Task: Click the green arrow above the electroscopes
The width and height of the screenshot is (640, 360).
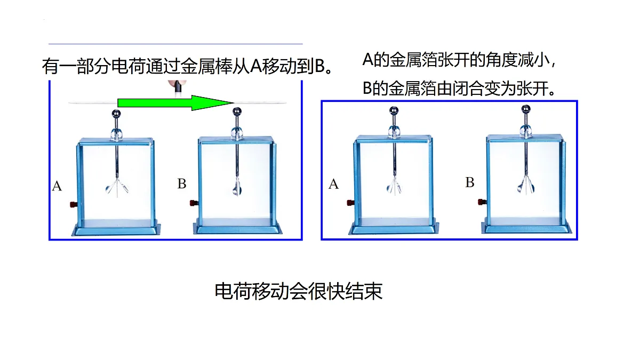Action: point(175,102)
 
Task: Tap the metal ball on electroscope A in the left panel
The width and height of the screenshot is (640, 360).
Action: point(116,114)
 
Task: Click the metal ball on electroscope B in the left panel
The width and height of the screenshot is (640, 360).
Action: point(237,111)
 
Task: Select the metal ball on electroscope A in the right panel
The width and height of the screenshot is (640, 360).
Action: point(394,110)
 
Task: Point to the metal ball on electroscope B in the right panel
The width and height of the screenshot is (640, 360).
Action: point(526,109)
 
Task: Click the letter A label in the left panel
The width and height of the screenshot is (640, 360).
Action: point(57,186)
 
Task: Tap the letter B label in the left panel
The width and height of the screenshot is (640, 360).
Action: point(182,183)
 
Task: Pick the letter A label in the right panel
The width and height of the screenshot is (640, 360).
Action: point(333,185)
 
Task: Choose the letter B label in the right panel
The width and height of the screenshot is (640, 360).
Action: point(470,182)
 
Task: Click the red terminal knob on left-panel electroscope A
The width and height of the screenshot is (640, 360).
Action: point(74,204)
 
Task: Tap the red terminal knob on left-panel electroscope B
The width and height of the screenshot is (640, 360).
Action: point(194,203)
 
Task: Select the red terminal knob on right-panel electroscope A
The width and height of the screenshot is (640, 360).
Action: point(350,203)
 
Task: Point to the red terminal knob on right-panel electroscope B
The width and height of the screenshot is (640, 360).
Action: point(482,202)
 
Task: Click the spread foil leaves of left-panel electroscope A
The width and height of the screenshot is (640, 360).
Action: point(117,187)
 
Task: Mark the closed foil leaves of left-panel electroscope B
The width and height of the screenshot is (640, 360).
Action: point(237,187)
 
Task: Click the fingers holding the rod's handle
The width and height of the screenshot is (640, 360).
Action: point(177,83)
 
